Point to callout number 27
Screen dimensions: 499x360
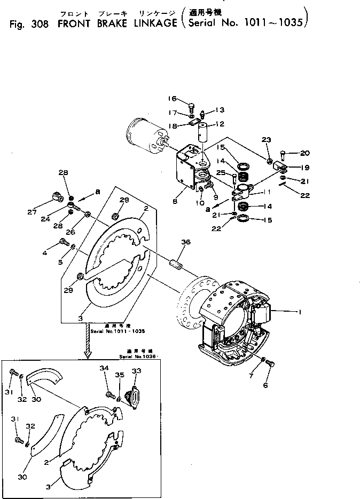coord(46,211)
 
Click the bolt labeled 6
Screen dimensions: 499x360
coord(270,363)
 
